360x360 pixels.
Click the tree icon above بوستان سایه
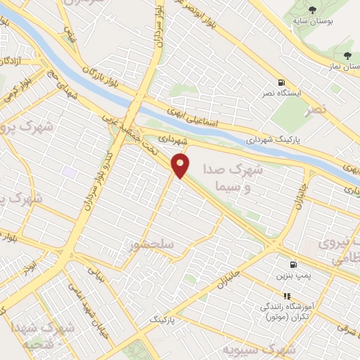(x=312, y=9)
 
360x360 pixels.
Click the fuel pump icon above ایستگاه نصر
(x=282, y=82)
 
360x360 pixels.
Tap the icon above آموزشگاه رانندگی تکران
(x=286, y=296)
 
